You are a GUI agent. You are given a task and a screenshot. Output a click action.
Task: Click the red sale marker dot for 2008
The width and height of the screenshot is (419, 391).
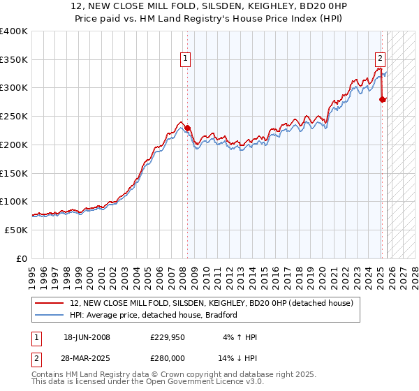coord(187,128)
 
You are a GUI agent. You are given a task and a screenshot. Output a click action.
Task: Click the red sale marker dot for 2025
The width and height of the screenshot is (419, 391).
coord(382,99)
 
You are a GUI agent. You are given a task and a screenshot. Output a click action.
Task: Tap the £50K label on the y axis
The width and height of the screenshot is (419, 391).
coord(17,230)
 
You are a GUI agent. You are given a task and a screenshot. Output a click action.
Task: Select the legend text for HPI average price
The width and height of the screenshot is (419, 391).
coord(154,315)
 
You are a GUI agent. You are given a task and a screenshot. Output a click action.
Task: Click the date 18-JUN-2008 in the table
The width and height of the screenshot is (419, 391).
coord(87,337)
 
